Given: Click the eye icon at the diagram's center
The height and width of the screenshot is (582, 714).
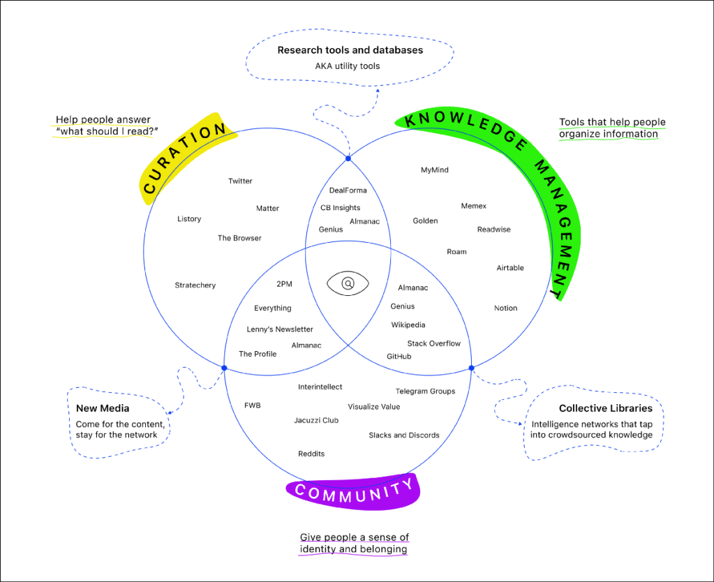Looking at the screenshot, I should point(348,284).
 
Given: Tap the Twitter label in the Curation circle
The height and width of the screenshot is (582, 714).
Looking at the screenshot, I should point(240,181).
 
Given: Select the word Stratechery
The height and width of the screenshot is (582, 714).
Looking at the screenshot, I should point(195,285).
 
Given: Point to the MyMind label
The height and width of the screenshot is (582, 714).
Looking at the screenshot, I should point(434,170).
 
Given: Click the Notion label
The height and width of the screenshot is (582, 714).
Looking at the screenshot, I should point(505,308).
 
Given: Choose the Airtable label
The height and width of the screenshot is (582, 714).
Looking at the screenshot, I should point(510,268).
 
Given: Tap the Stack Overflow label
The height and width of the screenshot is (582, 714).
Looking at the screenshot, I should point(433,343).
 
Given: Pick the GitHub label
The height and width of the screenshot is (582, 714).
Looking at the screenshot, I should point(399,357).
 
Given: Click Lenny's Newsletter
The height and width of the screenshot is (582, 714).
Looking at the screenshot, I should point(279,329).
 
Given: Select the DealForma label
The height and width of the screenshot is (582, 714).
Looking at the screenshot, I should point(348,191).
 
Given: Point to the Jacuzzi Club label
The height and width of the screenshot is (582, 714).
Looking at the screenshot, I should point(315,421).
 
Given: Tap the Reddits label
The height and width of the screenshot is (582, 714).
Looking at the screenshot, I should point(311,454).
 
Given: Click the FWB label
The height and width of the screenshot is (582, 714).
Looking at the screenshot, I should point(252,405).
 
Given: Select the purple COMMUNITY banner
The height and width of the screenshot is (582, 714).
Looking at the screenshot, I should point(353,491).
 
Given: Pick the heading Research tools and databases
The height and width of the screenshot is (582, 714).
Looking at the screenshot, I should point(350,50).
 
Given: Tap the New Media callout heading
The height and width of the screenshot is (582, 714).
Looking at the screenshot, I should point(103,408).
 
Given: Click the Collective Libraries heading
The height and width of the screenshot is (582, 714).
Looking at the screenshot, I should point(605,408).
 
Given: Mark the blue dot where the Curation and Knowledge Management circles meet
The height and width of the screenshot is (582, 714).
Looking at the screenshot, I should point(348,160).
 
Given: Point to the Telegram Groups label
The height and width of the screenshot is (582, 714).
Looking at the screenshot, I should point(425,391).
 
